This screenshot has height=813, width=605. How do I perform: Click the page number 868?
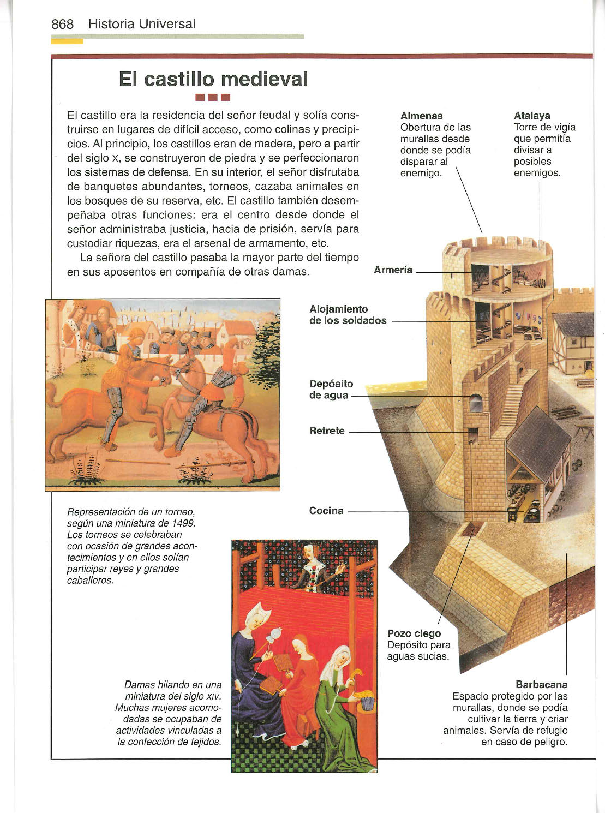point(62,25)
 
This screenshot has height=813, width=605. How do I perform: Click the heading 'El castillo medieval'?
point(213,80)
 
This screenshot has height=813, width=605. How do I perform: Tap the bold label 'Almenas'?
point(421,116)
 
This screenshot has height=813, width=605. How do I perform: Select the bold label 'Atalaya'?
point(532,116)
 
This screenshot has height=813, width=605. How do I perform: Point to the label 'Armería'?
point(393,270)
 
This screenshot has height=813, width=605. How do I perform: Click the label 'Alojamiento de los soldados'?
point(348,315)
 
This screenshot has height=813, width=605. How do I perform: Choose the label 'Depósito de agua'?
point(331,390)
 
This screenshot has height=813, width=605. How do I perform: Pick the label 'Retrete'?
point(327,431)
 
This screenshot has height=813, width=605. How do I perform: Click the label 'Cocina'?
point(326,511)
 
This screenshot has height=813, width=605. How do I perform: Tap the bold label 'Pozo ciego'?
point(414,633)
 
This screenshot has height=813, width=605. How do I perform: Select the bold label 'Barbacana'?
point(541,684)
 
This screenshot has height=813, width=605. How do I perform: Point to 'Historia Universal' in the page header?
point(141,25)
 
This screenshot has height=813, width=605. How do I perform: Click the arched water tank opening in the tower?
point(475,403)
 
